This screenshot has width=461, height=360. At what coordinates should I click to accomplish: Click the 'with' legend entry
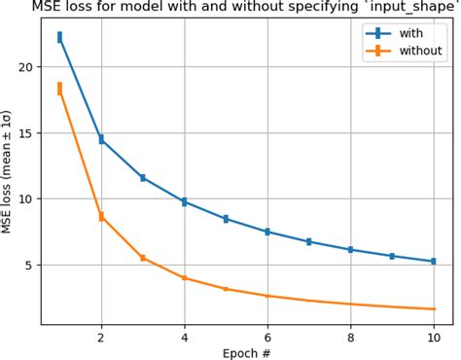click(x=410, y=32)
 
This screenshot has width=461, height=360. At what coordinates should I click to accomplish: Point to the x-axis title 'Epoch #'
click(x=246, y=352)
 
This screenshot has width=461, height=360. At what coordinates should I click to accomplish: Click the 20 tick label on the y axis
click(x=25, y=67)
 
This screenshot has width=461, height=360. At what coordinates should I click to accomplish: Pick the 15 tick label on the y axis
click(x=25, y=133)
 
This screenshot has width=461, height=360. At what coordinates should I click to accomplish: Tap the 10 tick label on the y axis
click(x=25, y=199)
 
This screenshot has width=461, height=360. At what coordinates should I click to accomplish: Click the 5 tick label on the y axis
click(x=29, y=265)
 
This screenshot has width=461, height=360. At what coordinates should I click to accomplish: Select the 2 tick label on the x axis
click(x=101, y=337)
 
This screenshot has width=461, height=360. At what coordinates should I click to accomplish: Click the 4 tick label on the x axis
click(x=184, y=337)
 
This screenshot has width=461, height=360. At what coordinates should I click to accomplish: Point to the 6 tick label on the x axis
click(x=267, y=337)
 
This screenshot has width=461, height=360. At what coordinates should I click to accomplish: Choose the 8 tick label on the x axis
click(x=350, y=337)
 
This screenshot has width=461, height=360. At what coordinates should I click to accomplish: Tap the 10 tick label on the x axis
click(x=433, y=337)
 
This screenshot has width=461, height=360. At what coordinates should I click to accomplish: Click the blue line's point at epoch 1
click(x=59, y=37)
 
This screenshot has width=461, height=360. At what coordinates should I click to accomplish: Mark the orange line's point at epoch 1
click(x=59, y=89)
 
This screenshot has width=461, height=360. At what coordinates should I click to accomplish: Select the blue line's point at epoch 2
click(x=101, y=139)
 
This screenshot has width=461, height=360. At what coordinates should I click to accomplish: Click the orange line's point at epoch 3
click(x=143, y=258)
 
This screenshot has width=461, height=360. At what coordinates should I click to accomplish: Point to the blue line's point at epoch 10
click(x=433, y=261)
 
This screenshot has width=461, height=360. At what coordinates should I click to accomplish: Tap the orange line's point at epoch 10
click(x=433, y=309)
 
